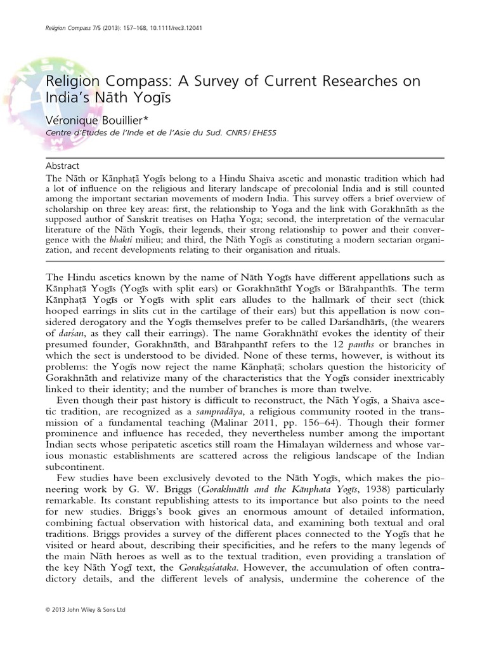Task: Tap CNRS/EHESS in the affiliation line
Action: [x=260, y=133]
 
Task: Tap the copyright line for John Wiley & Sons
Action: [x=86, y=628]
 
